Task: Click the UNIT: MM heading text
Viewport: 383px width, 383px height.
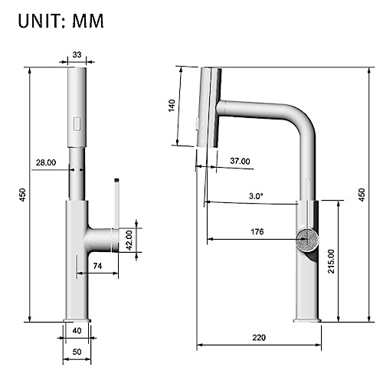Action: pos(61,21)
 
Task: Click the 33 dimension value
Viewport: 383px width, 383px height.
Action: pos(77,54)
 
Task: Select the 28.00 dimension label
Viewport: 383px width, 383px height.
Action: pos(46,162)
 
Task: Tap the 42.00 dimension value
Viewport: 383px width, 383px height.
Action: pos(129,241)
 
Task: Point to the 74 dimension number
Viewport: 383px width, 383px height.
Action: pos(97,266)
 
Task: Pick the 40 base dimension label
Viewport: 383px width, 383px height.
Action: pos(77,331)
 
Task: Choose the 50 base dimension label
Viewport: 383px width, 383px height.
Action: pos(77,352)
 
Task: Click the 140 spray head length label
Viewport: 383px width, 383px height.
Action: pos(172,106)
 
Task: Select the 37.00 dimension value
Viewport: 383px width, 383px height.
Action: pos(240,161)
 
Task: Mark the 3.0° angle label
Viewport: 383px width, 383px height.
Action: pos(256,196)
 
